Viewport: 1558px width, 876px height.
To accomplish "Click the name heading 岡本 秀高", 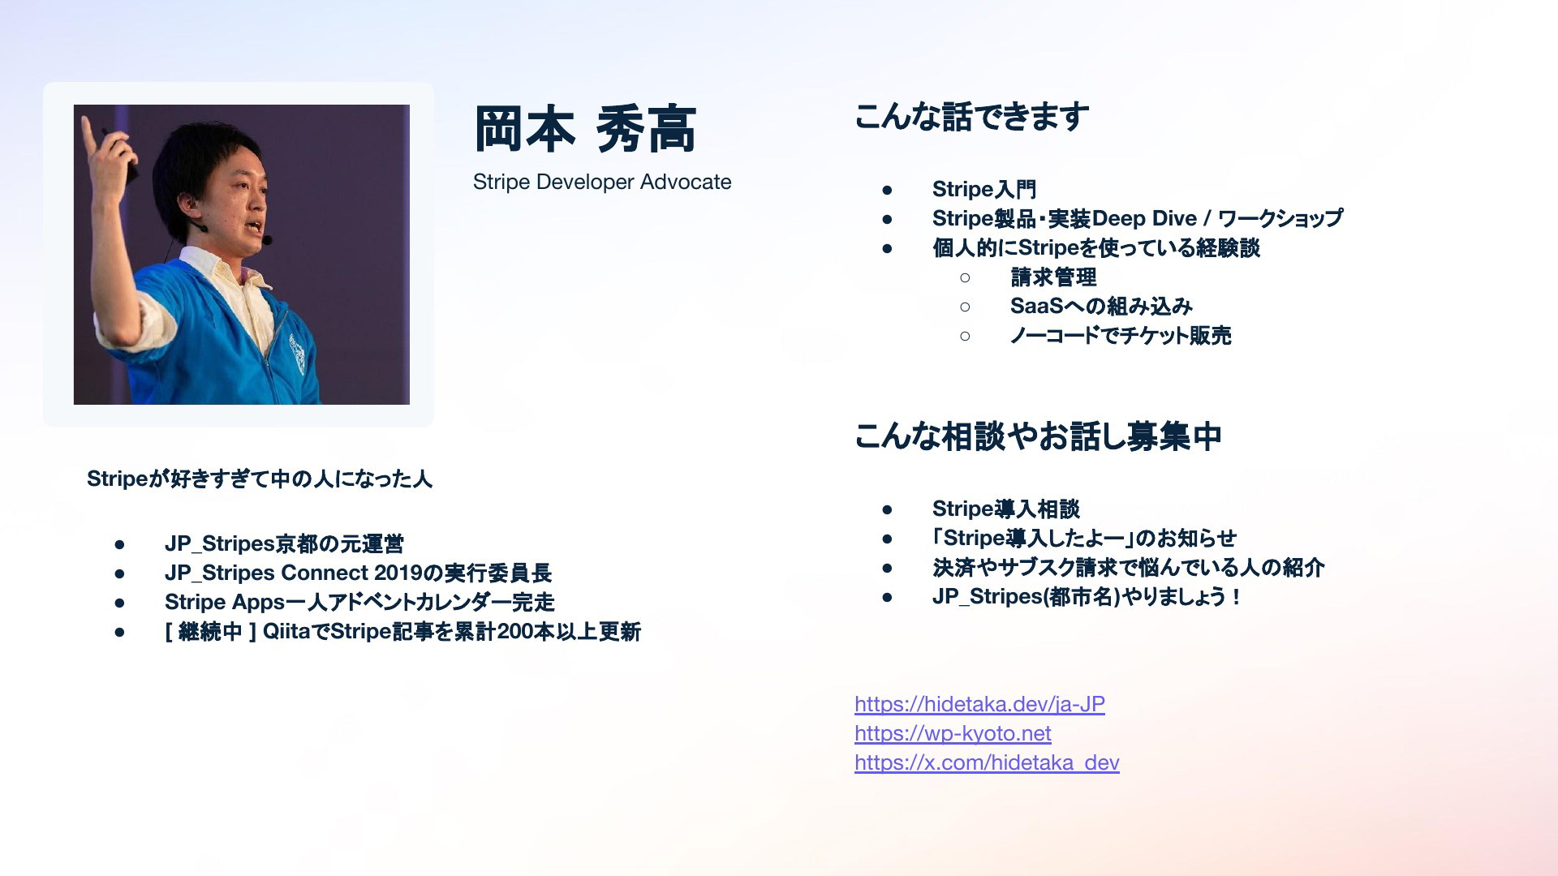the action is [x=585, y=130].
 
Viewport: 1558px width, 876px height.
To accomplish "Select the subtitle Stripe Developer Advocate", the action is [x=602, y=182].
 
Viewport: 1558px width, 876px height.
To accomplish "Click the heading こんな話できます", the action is [x=971, y=117].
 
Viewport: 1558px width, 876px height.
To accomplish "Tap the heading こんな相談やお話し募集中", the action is [x=1038, y=436].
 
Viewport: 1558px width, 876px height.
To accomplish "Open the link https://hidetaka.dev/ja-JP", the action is [x=979, y=704].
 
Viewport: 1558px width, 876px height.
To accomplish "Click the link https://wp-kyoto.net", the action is [x=953, y=733].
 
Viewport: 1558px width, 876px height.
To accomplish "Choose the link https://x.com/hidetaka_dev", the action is [x=987, y=762].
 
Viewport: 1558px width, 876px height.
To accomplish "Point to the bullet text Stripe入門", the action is [x=984, y=189].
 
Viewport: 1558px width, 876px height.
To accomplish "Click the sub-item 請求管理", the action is [x=1053, y=277].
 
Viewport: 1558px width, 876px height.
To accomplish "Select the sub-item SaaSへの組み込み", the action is [x=1101, y=307].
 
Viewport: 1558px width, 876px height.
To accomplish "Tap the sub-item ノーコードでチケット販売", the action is [x=1121, y=336].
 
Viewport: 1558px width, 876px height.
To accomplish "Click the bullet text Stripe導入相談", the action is [x=1006, y=509].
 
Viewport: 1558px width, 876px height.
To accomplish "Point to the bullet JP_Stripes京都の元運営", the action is [x=284, y=543].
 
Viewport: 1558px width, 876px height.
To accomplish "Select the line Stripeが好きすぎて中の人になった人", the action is [x=260, y=479].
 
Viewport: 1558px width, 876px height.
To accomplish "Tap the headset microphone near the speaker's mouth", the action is [x=266, y=240].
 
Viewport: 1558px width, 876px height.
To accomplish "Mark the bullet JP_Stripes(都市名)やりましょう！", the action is [x=1087, y=596].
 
